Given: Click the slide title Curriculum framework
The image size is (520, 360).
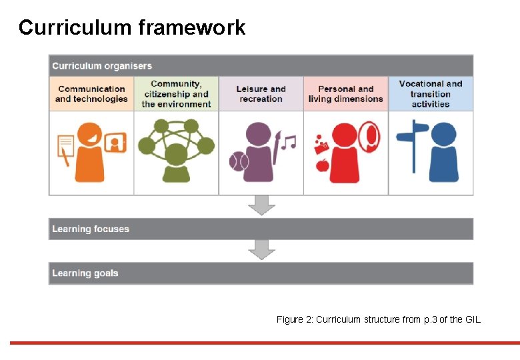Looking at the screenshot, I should pos(132,27).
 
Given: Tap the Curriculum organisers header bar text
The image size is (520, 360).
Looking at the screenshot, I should pos(102,66).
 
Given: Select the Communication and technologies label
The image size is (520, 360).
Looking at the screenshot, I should pos(91,94).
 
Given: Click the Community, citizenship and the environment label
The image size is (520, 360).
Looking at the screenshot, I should pos(176,94).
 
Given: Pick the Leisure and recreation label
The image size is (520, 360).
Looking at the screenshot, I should pos(261,94).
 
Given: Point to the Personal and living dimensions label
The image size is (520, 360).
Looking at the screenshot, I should pos(345,94).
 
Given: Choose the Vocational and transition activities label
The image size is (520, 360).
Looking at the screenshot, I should pos(431,94).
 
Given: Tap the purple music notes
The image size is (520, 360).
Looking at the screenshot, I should pos(288,142).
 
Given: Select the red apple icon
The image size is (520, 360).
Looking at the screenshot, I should pos(323,164).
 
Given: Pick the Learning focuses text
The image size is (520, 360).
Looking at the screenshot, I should pos(91,229).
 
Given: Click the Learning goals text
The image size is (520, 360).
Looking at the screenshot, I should pos(85,273).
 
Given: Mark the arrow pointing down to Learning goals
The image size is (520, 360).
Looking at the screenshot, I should pos(261,250).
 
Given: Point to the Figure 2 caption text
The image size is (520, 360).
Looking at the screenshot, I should pos(378,320).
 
